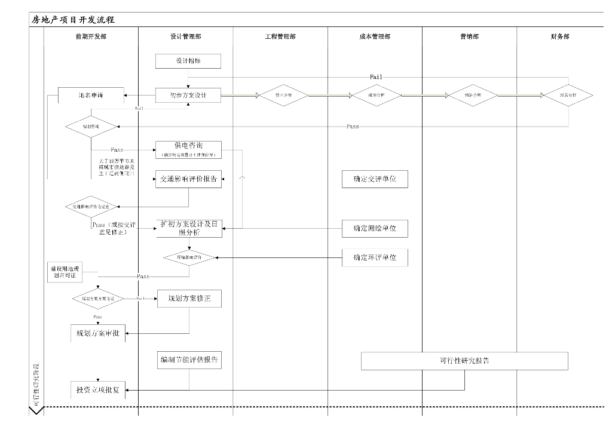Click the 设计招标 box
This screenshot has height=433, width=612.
(189, 61)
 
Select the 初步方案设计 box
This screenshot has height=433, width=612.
(189, 96)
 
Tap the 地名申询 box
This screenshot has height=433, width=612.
(91, 95)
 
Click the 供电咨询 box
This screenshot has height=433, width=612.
(189, 150)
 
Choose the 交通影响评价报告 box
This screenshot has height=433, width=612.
(189, 179)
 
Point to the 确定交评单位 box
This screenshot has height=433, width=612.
(375, 179)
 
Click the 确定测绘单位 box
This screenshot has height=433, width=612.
(375, 228)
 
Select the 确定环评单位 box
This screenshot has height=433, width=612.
(375, 258)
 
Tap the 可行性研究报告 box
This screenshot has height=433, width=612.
(464, 361)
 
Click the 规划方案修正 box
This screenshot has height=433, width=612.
(189, 298)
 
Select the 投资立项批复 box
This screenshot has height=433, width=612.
(97, 390)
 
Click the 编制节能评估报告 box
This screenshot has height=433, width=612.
(189, 360)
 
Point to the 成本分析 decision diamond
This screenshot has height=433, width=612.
(376, 96)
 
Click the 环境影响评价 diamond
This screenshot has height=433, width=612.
(189, 257)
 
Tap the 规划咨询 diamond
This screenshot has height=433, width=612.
(91, 127)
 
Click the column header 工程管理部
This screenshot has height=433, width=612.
(280, 36)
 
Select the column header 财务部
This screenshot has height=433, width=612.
(559, 36)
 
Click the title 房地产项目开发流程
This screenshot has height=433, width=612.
(73, 20)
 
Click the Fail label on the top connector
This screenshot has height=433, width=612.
(376, 77)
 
